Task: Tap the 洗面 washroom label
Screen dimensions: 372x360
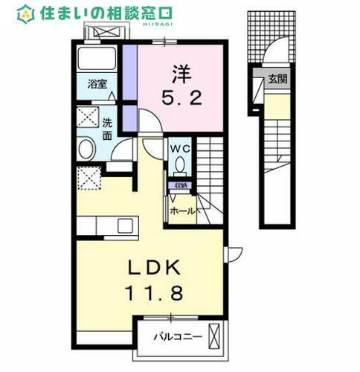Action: (108, 130)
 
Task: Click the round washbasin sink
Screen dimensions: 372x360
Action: (86, 148)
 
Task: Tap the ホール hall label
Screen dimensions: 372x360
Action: (183, 211)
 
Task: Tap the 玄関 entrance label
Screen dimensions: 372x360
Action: (278, 77)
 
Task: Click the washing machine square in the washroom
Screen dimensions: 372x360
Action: (89, 118)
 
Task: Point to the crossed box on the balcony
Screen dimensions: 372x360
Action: (216, 336)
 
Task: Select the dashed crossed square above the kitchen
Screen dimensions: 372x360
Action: (89, 178)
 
